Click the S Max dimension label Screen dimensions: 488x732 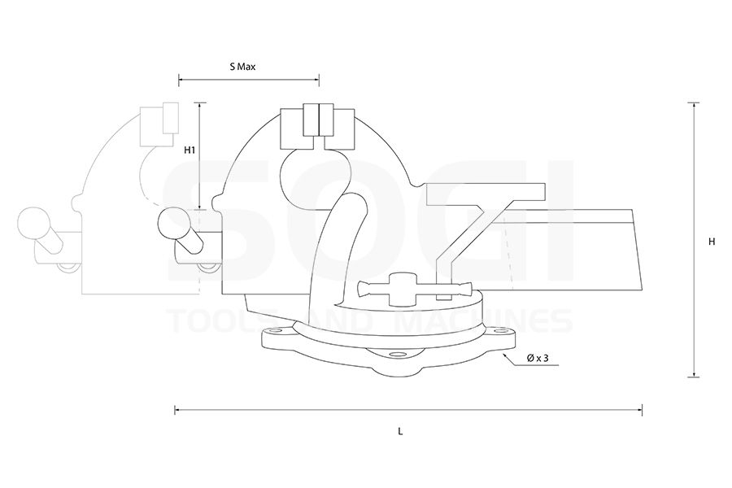tap(242, 67)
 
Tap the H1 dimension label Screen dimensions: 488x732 tap(189, 150)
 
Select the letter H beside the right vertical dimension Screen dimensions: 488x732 tap(712, 242)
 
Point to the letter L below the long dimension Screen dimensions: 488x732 tap(400, 432)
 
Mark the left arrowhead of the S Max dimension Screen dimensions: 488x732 tap(180, 80)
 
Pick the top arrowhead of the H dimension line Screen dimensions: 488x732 tap(694, 105)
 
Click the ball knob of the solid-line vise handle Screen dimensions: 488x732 tap(172, 223)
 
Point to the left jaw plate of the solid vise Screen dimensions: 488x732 tap(312, 120)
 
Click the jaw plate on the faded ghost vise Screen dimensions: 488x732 tap(170, 117)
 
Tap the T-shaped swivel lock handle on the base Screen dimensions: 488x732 tap(414, 287)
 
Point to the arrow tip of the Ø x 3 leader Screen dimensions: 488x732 tap(504, 353)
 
